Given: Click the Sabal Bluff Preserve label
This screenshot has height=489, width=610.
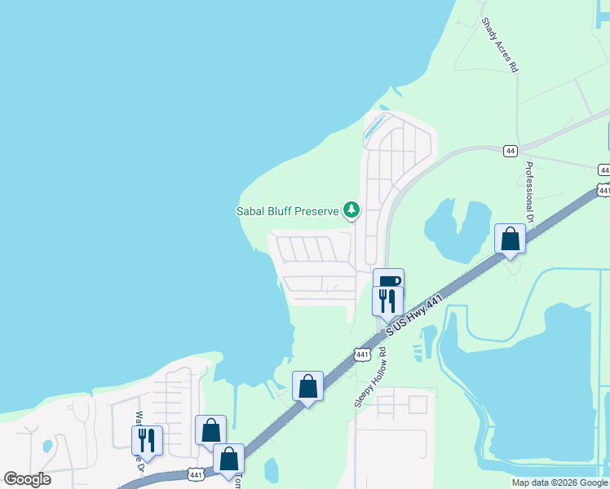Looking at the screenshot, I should point(287,211).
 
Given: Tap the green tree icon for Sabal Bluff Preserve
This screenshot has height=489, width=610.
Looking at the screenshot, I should point(351,210).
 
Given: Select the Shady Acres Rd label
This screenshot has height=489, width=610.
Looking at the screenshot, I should point(500,46).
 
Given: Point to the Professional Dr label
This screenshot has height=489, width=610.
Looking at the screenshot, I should point(528,192).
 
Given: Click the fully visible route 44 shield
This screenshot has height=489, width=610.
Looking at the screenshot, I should point(510,151).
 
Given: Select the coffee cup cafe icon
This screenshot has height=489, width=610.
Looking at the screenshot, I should point(389,281).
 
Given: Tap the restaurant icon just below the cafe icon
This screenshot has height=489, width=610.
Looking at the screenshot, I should point(387,300).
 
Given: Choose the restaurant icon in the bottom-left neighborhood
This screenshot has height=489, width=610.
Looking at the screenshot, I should point(147,439).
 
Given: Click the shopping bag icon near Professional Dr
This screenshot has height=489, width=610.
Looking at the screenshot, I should point(510,239).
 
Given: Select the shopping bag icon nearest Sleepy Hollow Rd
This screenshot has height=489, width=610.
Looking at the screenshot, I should point(307,385).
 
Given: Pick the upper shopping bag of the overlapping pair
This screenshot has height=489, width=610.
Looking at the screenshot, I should point(210,430).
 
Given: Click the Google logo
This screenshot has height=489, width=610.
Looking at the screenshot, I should point(27,479).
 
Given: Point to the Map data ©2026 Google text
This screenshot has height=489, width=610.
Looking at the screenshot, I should point(559,482).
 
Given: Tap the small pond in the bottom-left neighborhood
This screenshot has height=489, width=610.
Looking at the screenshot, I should point(48,447).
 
